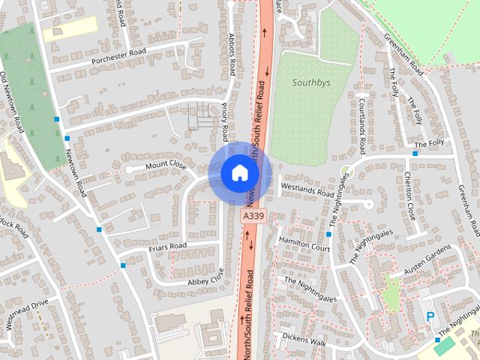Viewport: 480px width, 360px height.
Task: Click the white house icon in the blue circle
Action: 239,172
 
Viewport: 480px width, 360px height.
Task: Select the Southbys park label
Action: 310,84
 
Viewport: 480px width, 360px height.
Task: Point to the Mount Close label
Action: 165,163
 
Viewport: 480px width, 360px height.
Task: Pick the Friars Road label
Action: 167,246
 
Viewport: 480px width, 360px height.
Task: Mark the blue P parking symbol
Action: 430,317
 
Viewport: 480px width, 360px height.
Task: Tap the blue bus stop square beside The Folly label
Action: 415,153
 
